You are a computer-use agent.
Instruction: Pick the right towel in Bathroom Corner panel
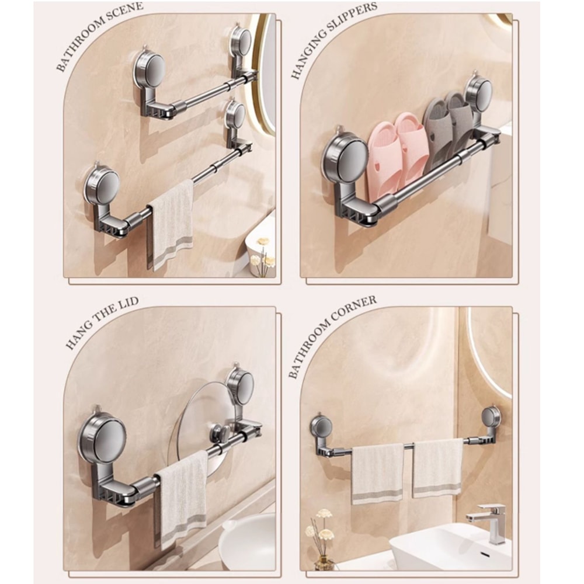437,467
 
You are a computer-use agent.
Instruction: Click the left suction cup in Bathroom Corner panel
321,426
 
